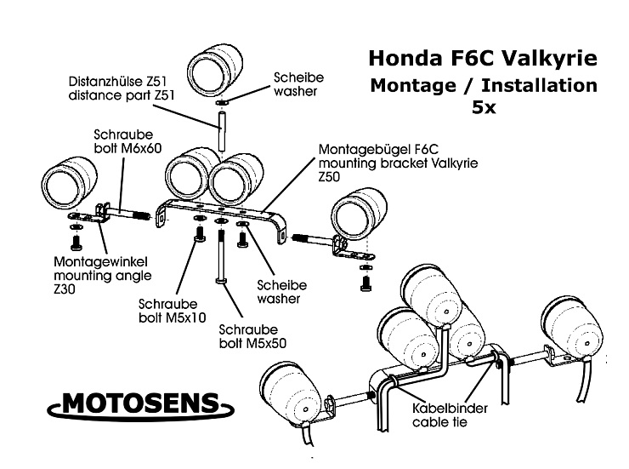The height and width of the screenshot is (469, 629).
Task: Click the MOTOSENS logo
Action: coord(140,405)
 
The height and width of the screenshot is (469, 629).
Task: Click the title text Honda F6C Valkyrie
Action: coord(483,58)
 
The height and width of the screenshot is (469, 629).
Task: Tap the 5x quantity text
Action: coord(484,107)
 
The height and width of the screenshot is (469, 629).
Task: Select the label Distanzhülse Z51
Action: coord(117,82)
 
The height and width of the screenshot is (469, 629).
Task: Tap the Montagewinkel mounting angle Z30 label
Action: coord(102,276)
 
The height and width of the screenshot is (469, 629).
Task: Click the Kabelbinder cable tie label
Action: coord(450,415)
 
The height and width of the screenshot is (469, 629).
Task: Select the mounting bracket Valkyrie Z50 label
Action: coord(398,163)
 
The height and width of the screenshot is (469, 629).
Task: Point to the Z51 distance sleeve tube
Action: coord(221,131)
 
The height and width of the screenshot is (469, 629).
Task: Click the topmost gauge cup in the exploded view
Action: coord(215,71)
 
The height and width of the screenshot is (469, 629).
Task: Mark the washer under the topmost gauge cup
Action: coord(222,104)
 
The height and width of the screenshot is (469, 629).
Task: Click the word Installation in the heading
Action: coord(539,85)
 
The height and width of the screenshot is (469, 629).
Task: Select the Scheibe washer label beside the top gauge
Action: coord(298,84)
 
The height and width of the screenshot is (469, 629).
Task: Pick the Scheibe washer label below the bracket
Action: coord(281,292)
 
